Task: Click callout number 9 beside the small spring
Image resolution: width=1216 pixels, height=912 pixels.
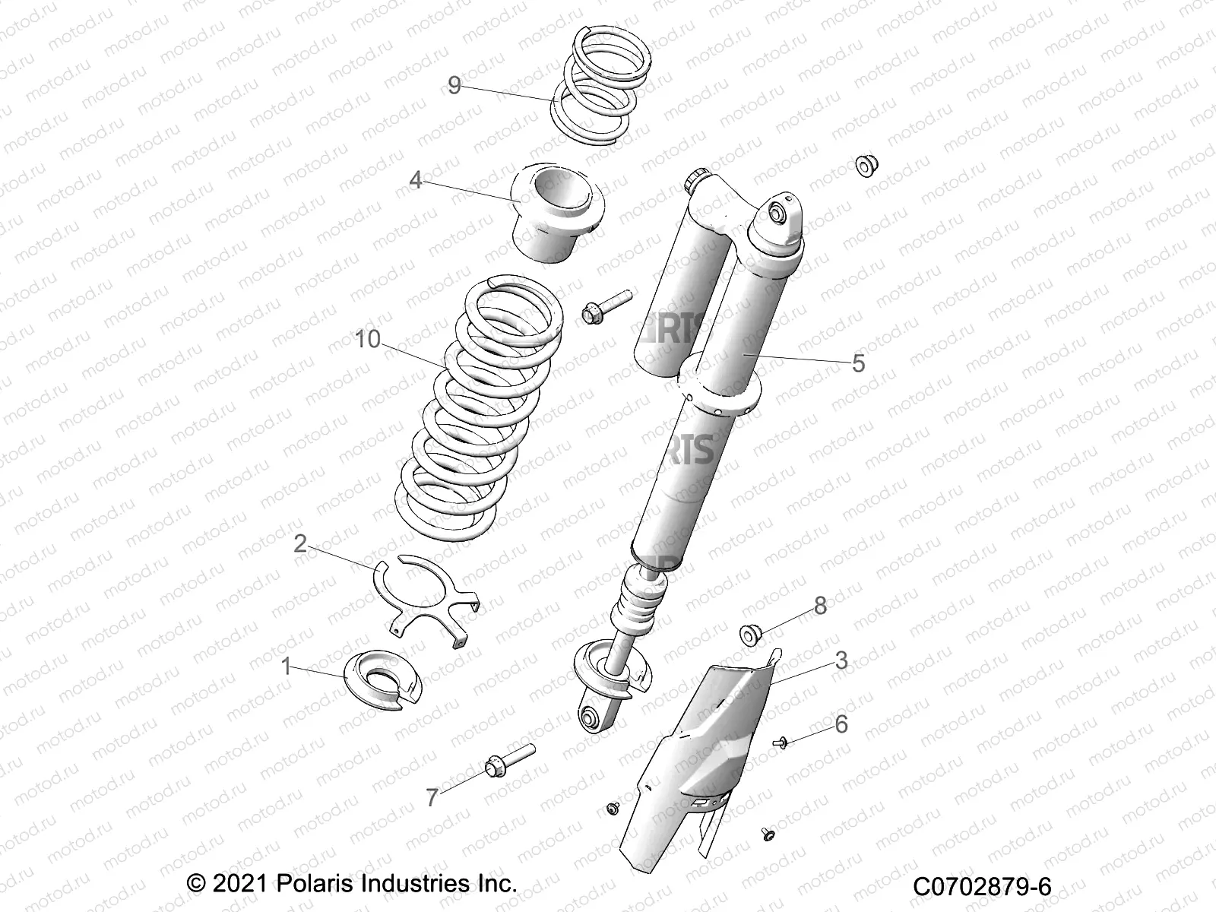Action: (x=454, y=85)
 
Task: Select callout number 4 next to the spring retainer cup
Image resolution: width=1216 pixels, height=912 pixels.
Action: (x=416, y=180)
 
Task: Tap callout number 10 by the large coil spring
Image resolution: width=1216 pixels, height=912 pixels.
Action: (x=368, y=339)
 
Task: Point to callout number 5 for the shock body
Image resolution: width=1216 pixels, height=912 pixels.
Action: (x=858, y=363)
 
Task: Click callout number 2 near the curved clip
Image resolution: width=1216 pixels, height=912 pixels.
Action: (x=301, y=543)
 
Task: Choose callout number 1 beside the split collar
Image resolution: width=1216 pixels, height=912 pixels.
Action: (x=287, y=667)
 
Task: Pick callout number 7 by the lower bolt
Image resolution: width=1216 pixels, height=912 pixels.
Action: (x=432, y=798)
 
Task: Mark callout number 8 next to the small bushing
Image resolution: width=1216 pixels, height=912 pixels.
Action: (x=820, y=606)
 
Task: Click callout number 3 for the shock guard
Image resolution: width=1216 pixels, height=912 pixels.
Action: (x=841, y=660)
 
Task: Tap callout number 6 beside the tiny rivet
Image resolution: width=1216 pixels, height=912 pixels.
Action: (x=841, y=724)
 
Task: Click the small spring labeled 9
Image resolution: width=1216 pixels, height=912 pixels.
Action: (x=602, y=84)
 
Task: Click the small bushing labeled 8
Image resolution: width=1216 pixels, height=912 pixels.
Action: (x=751, y=633)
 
